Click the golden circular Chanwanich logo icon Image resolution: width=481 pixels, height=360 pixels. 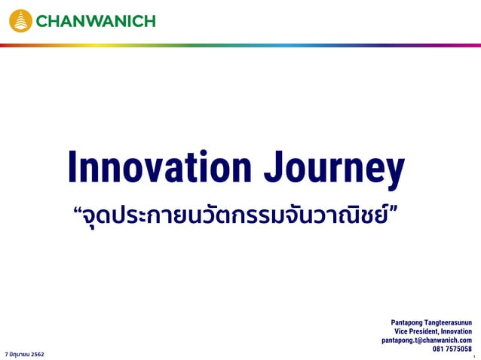point(20,20)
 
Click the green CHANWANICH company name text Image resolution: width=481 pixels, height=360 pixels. point(96,21)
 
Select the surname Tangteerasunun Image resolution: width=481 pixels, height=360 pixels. point(448,322)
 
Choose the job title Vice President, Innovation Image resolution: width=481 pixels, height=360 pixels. point(433,331)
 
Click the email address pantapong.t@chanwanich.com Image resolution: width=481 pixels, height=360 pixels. point(427,340)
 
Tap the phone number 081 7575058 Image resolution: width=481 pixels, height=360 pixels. point(452,349)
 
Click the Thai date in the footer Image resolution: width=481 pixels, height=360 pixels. point(24,353)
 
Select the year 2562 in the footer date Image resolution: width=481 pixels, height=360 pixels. point(37,353)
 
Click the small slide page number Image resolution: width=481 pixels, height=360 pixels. point(474,355)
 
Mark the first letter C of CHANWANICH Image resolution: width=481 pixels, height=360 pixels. point(42,21)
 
